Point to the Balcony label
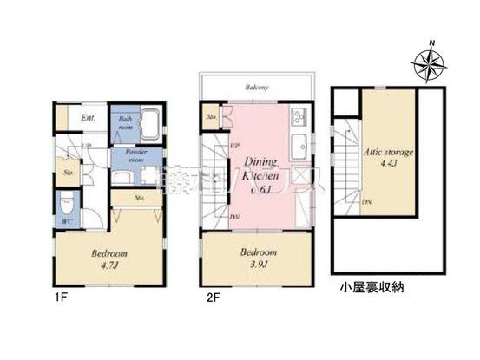256,87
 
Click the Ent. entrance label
89,117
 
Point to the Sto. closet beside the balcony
211,116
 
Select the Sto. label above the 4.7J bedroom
140,199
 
